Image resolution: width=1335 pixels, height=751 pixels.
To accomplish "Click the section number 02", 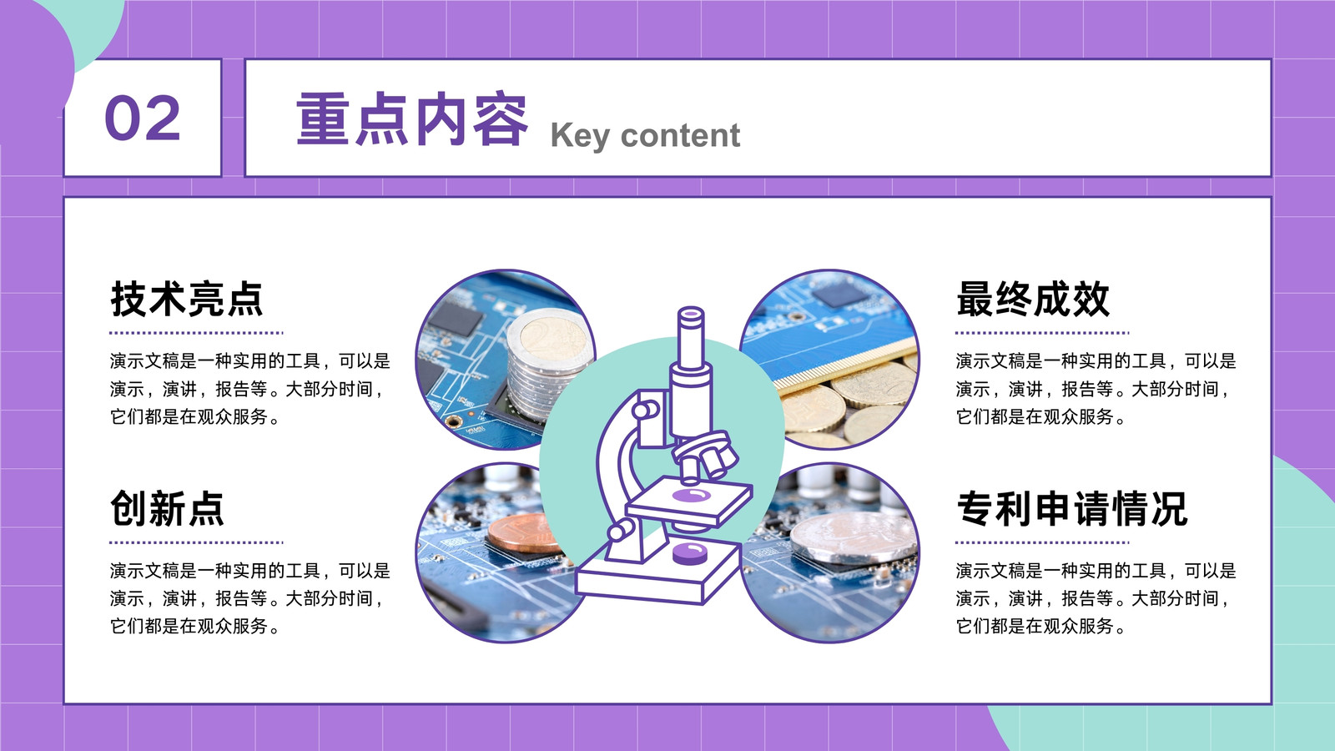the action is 143,118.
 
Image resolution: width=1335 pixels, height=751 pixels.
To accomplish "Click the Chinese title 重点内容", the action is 412,118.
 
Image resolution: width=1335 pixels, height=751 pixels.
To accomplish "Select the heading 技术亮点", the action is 187,299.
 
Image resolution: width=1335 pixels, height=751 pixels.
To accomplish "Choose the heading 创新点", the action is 167,508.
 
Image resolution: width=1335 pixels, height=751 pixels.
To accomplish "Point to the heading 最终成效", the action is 1033,299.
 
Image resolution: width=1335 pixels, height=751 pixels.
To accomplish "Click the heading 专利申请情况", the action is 1072,508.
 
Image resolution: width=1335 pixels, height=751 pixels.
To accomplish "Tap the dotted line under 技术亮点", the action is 196,333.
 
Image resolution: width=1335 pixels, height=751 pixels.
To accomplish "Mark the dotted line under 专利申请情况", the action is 1042,542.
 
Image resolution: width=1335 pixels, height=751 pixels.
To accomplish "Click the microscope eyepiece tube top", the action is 692,314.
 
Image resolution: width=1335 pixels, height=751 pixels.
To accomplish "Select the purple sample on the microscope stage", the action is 692,496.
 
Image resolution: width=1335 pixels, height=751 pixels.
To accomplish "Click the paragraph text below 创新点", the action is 249,598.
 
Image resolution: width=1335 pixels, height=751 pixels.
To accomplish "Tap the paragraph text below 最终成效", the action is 1096,389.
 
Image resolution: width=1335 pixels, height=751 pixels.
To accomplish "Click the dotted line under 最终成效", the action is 1042,333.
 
